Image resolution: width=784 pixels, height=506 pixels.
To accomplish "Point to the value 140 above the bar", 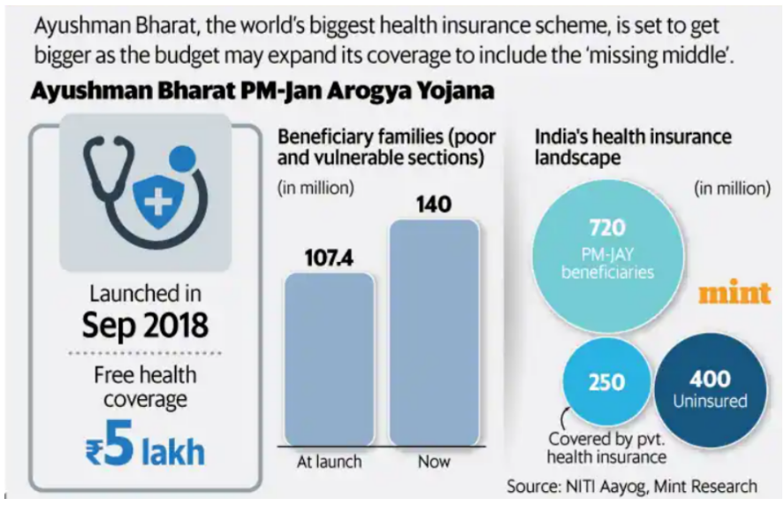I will point(433,204).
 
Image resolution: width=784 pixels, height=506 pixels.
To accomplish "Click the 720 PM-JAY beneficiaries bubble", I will point(606,257).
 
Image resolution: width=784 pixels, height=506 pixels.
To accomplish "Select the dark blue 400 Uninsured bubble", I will point(711,389).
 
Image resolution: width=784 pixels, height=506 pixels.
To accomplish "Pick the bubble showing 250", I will point(605,383).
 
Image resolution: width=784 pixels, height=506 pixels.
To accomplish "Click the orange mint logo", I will point(735,293).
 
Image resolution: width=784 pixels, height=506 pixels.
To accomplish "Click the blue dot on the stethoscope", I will point(182,159).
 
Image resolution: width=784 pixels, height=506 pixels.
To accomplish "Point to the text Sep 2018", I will point(145,325).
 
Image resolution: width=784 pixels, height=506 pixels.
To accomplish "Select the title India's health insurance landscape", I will point(633,147).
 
